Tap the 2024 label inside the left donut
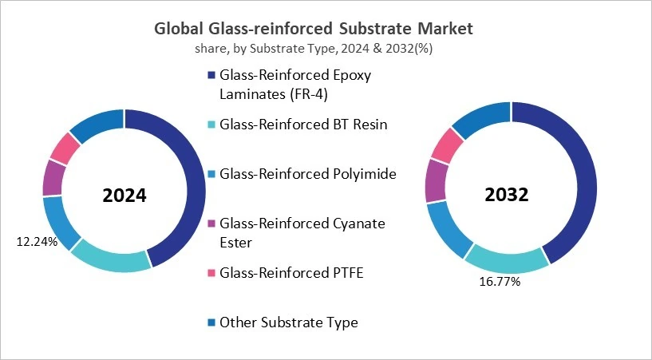click(x=124, y=195)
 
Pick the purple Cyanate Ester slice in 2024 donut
click(x=54, y=177)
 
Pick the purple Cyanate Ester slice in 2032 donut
click(x=437, y=180)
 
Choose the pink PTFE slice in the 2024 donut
click(x=65, y=148)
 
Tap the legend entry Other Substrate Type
click(x=288, y=322)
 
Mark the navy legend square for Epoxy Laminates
click(x=211, y=75)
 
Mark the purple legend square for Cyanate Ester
click(x=211, y=224)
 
